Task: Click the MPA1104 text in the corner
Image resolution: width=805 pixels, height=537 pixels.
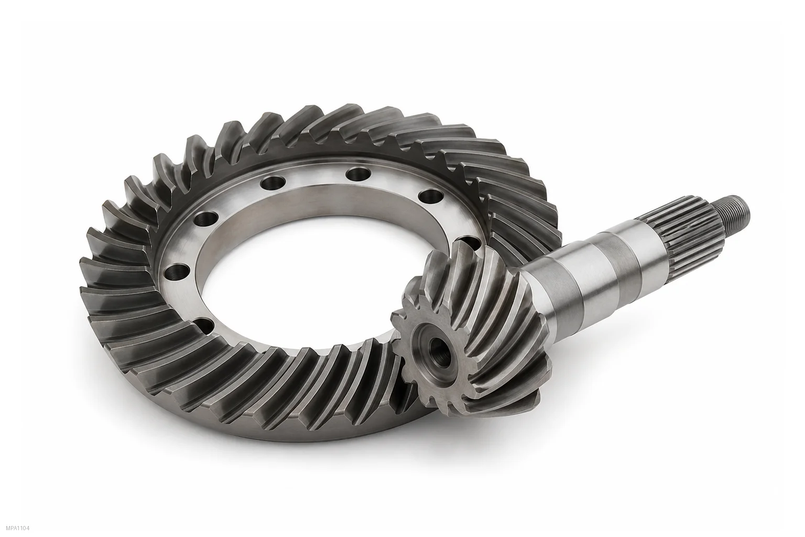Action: pyautogui.click(x=18, y=529)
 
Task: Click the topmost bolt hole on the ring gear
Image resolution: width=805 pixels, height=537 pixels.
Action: pyautogui.click(x=358, y=174)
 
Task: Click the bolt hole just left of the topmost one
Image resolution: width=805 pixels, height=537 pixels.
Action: pyautogui.click(x=273, y=182)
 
